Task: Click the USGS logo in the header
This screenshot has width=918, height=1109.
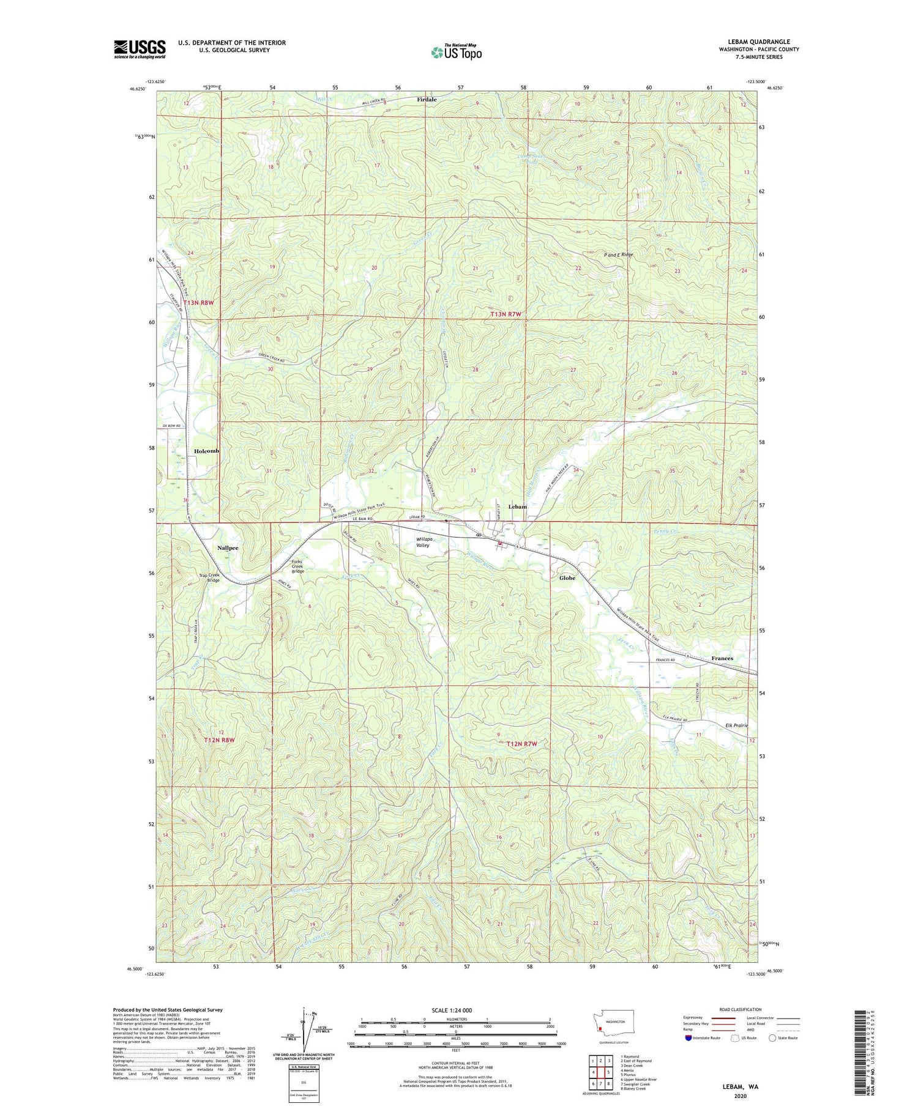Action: click(140, 48)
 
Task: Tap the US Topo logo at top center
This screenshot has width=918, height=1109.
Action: click(456, 52)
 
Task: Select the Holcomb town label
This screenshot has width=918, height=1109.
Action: click(206, 451)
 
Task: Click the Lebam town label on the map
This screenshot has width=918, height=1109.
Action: click(517, 506)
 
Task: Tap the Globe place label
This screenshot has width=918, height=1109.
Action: click(567, 577)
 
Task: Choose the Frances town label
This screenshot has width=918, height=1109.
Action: click(722, 658)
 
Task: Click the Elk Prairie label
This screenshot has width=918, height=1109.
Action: click(737, 725)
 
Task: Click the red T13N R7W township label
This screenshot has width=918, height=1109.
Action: click(508, 314)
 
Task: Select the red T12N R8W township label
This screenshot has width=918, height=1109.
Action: click(219, 740)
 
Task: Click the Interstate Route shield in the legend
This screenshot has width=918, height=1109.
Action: click(688, 1038)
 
